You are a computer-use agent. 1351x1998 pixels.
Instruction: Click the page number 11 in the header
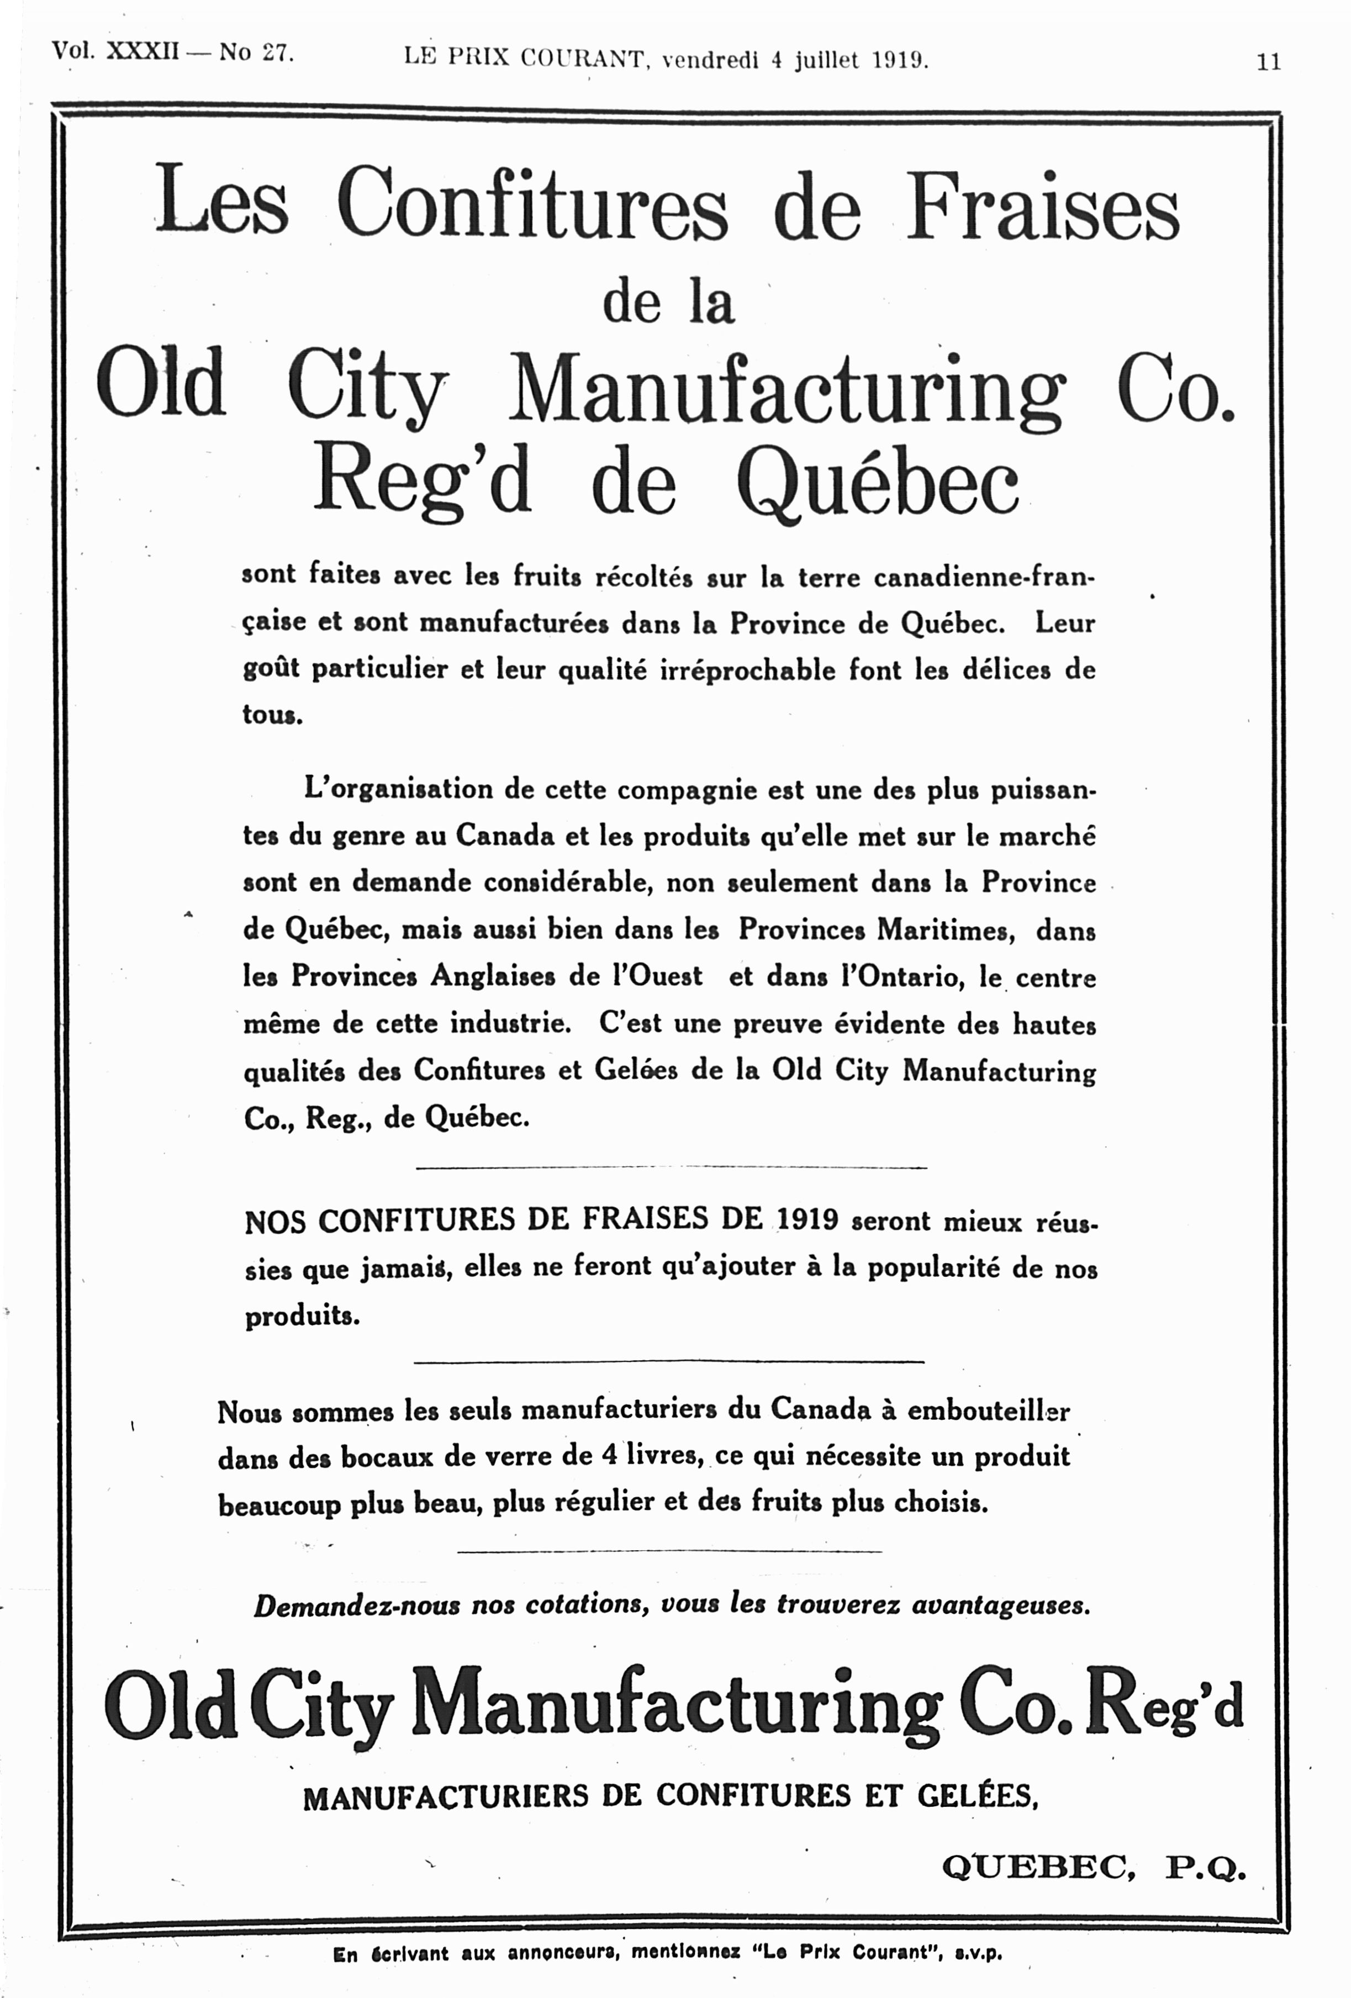point(1269,62)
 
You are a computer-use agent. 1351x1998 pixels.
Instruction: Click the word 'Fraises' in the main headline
point(1043,207)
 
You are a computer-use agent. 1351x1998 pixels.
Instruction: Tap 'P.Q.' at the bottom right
point(1205,1867)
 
